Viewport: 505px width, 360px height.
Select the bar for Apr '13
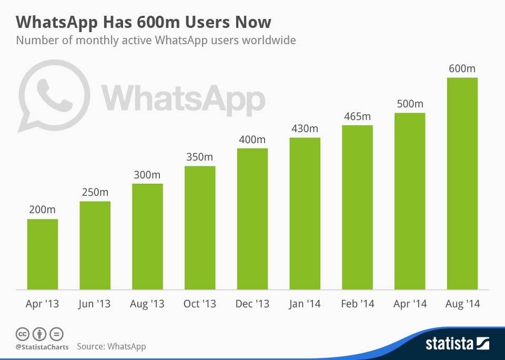coord(43,254)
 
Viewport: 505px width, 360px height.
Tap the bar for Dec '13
coord(252,218)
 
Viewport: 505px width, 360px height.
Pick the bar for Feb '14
coord(357,207)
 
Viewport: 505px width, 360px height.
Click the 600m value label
coord(462,68)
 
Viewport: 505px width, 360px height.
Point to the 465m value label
coord(357,116)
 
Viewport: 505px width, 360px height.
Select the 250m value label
coord(95,192)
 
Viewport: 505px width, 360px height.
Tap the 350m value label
coord(200,157)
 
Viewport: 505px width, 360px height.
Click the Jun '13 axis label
coord(95,304)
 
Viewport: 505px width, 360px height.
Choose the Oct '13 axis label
coord(200,304)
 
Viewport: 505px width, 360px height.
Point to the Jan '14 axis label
coord(305,304)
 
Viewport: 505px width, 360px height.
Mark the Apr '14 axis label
coord(410,304)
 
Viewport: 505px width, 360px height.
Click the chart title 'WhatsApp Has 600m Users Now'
coord(144,22)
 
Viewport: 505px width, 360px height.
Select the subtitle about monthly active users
coord(156,40)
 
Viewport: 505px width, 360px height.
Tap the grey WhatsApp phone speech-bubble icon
coord(53,95)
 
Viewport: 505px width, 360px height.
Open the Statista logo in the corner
coord(457,344)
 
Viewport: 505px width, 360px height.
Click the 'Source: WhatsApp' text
coord(111,346)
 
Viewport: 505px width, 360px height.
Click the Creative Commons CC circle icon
coord(23,334)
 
